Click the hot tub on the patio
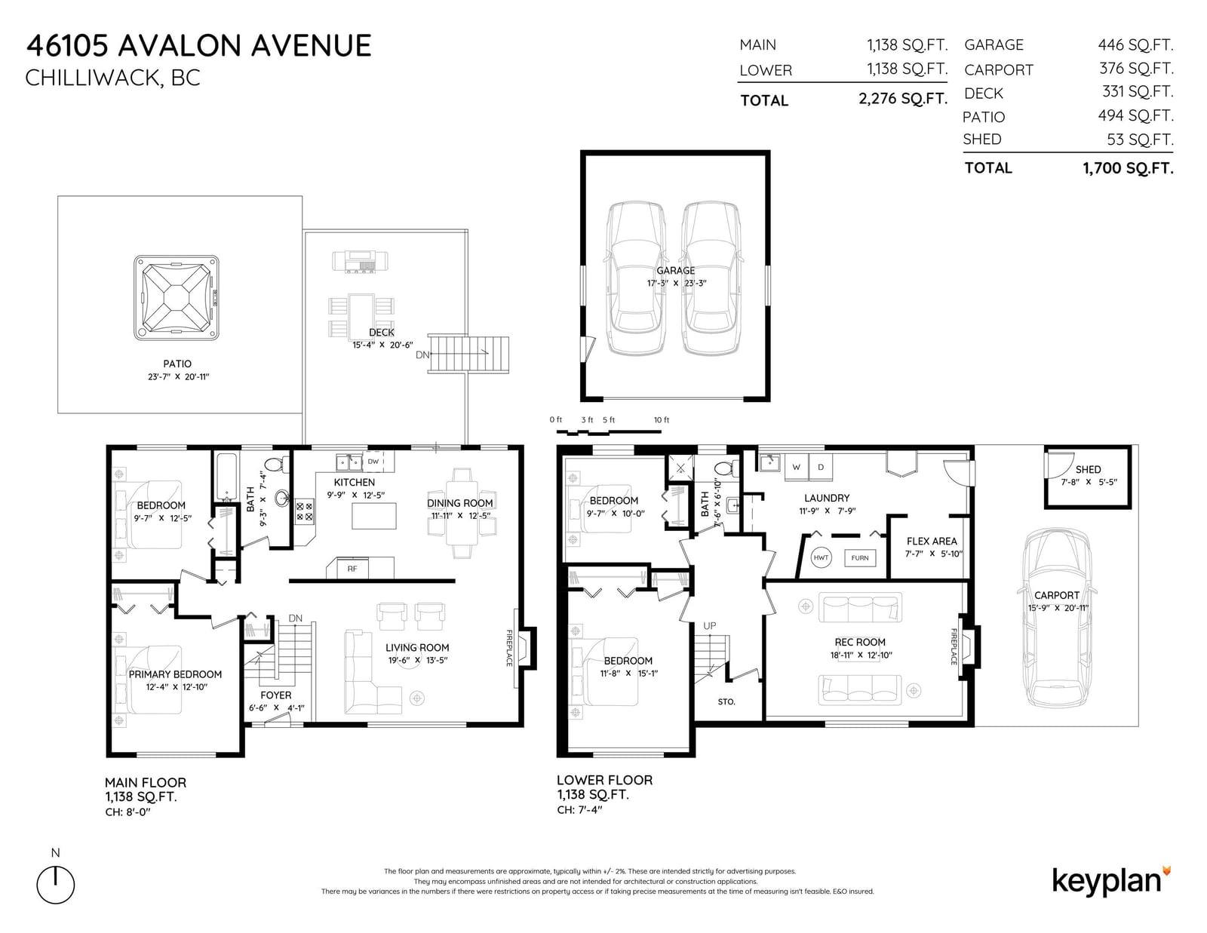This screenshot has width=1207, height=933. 176,298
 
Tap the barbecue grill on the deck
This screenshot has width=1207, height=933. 360,261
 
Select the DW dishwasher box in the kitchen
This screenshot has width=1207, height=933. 373,462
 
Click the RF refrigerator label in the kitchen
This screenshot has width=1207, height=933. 352,569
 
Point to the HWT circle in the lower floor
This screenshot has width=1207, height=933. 821,557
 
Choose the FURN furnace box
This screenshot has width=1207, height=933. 860,558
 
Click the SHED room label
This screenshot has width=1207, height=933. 1088,469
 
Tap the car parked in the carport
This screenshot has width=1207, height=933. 1056,617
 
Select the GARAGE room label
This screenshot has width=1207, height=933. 675,271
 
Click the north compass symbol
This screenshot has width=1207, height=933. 56,884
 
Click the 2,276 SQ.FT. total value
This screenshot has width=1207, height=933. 903,98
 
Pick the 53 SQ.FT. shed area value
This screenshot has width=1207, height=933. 1140,140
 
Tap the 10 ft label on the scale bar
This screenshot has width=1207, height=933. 662,420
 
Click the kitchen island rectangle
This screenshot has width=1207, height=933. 374,516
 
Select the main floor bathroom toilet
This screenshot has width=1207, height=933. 276,464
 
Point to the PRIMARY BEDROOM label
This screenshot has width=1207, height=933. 175,674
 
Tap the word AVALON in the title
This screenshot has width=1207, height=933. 179,45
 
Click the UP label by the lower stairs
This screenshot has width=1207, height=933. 710,626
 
